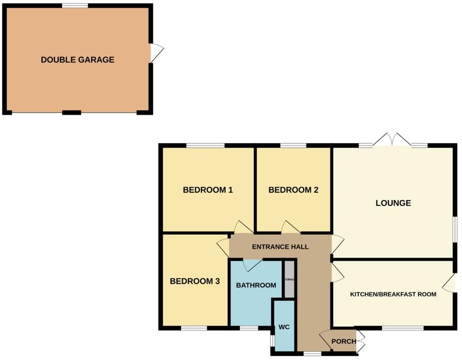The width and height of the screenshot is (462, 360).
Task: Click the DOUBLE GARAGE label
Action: tap(77, 60)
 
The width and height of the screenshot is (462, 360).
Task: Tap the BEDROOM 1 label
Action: tap(207, 190)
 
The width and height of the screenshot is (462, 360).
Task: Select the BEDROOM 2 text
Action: tap(293, 190)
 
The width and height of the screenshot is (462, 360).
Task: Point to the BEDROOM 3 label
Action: tap(194, 282)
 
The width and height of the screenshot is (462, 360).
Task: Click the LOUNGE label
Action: tap(393, 203)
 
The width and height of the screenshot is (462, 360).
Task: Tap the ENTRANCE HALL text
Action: tap(280, 247)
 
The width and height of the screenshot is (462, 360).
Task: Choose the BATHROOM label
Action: tap(256, 285)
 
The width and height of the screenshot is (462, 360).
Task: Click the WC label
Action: tap(284, 327)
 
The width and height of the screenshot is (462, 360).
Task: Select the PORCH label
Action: tap(344, 341)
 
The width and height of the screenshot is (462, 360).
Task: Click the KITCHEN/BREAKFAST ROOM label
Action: tap(393, 294)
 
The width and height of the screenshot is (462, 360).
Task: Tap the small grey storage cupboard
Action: tap(289, 279)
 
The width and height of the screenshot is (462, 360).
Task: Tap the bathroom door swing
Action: tap(251, 264)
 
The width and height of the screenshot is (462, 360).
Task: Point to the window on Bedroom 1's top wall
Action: tap(205, 146)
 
